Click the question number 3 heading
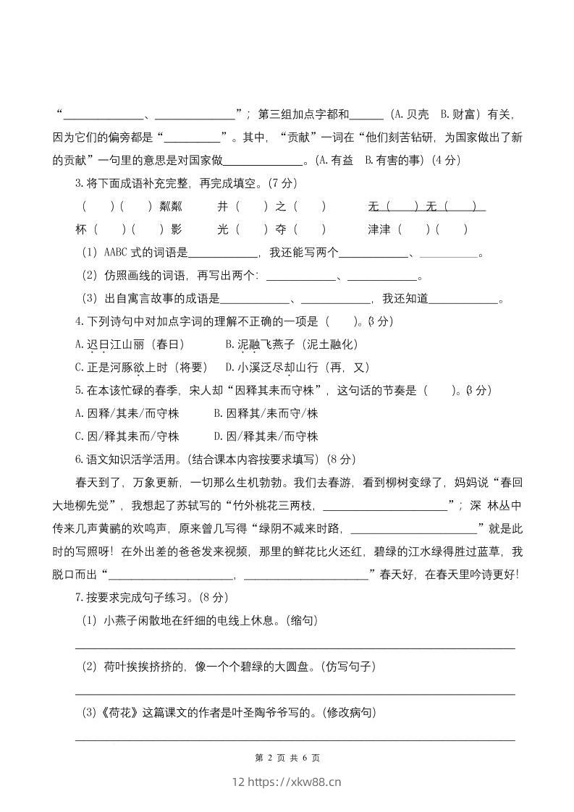click(80, 183)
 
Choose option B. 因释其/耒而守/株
click(266, 413)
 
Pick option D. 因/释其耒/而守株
click(266, 436)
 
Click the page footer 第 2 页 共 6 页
click(287, 758)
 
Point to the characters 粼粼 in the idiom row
click(172, 206)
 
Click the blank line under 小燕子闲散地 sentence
click(295, 648)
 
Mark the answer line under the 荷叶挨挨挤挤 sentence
click(295, 693)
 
